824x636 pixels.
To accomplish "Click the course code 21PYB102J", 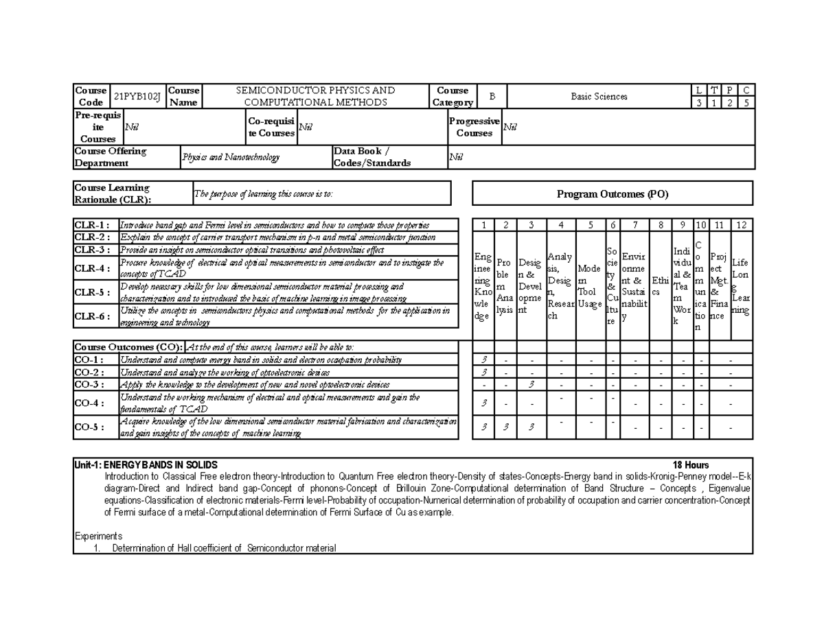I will [x=137, y=97].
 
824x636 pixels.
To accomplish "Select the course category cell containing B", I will [x=491, y=97].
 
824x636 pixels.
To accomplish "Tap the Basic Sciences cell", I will [x=599, y=97].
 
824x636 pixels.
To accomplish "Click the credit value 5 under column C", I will [x=746, y=103].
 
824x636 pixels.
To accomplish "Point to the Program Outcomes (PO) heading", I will [x=613, y=194].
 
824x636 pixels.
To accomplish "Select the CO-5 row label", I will [x=89, y=427].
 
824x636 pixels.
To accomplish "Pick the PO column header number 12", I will [x=741, y=225].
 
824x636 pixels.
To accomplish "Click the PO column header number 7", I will [x=635, y=225].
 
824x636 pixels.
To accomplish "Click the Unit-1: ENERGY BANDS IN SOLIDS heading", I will [x=146, y=465].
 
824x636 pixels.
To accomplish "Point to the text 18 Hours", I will [x=691, y=465].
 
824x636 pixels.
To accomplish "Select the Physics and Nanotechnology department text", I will [x=231, y=158].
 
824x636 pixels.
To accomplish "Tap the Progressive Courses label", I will [x=474, y=127].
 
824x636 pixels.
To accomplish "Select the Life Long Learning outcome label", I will [x=741, y=286].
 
